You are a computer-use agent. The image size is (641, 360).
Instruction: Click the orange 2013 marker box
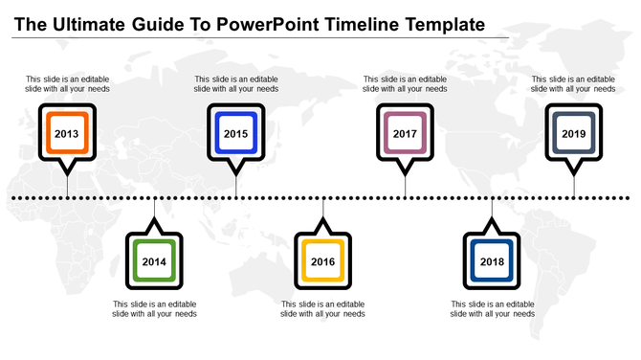click(67, 134)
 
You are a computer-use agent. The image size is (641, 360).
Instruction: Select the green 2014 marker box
click(154, 261)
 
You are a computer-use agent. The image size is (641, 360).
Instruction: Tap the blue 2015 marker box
click(235, 134)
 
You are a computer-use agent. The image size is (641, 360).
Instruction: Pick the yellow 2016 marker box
click(323, 261)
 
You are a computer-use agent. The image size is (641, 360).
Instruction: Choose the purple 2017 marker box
click(405, 134)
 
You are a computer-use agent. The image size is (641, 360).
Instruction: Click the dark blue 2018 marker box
click(492, 261)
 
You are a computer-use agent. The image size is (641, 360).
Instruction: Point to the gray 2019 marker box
click(574, 134)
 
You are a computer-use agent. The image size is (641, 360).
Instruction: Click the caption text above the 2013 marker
click(67, 84)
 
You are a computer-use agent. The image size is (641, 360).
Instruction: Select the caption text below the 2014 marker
click(154, 308)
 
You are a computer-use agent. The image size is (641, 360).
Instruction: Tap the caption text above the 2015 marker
click(235, 84)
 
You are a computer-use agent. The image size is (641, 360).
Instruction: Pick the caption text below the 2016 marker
click(323, 308)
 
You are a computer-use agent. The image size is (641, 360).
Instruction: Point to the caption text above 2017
click(405, 84)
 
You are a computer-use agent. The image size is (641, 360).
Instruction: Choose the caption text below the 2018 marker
click(492, 308)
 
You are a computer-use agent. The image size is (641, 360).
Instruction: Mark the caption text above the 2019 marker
click(574, 84)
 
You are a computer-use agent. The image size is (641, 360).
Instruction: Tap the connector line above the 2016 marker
click(323, 213)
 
